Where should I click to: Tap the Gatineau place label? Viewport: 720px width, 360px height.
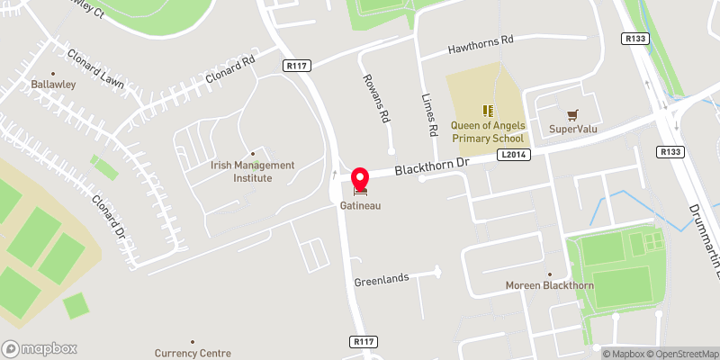[x=362, y=206]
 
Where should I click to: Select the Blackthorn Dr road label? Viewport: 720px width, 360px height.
[x=431, y=165]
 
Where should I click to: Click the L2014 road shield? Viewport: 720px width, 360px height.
[x=510, y=156]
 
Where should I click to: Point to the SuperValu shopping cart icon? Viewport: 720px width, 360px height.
[x=572, y=114]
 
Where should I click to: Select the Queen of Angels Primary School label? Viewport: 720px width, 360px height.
[x=487, y=133]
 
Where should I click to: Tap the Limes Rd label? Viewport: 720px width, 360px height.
[x=432, y=116]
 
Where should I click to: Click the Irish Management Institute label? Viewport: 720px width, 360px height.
[x=253, y=171]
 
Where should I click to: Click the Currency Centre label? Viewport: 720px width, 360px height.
[x=193, y=354]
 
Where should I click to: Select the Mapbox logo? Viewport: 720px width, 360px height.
[x=40, y=348]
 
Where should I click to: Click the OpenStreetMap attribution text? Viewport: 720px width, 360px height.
[x=684, y=354]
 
